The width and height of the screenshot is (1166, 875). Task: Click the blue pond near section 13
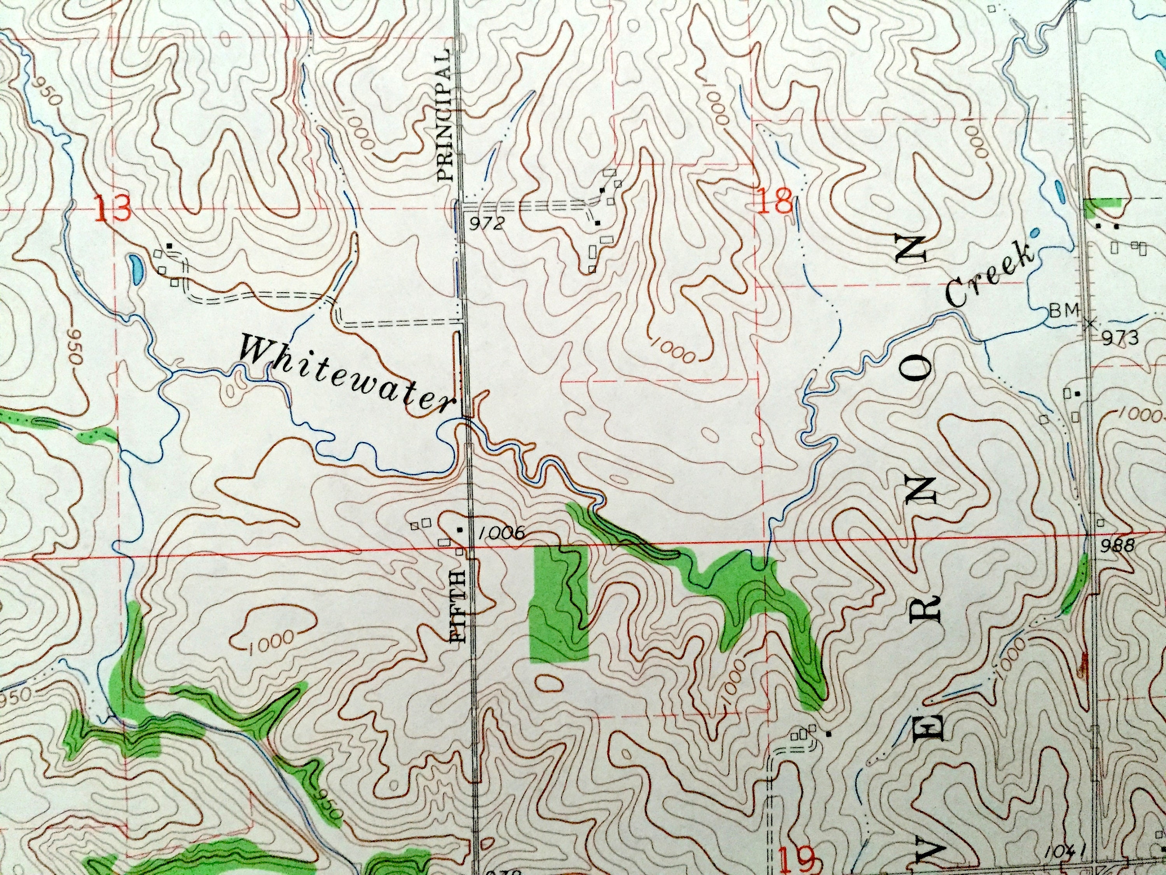tap(135, 268)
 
